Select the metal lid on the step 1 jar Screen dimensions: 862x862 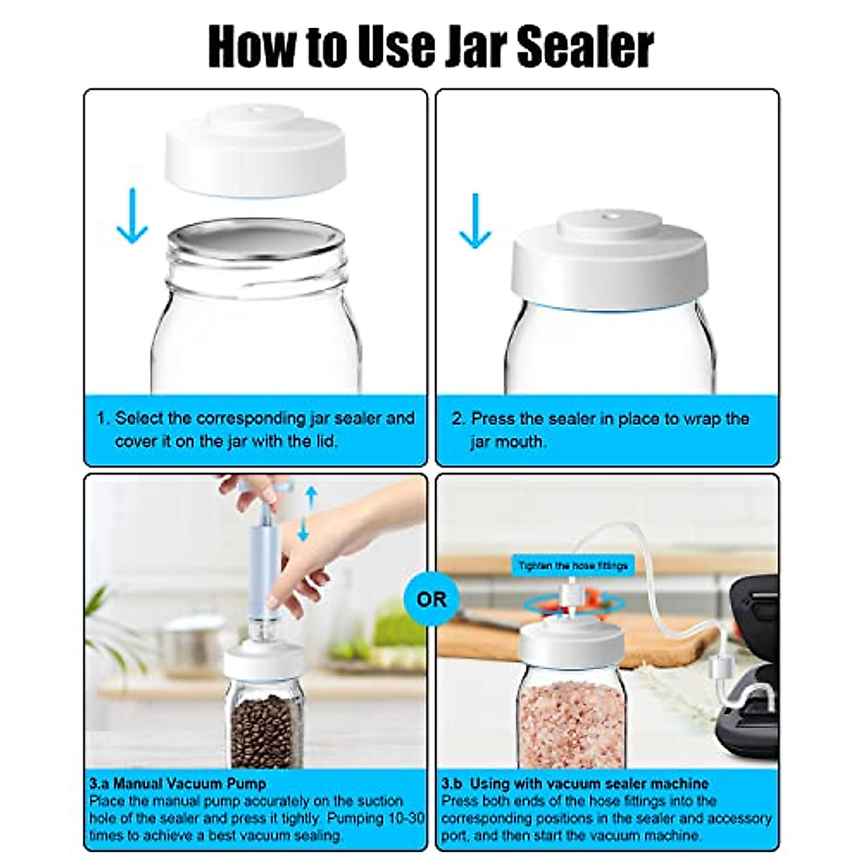[257, 240]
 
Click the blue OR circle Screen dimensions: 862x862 [431, 598]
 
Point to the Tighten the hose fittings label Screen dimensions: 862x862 [573, 566]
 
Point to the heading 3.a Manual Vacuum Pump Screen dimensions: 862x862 [177, 783]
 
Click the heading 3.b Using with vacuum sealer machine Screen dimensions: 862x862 [575, 783]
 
